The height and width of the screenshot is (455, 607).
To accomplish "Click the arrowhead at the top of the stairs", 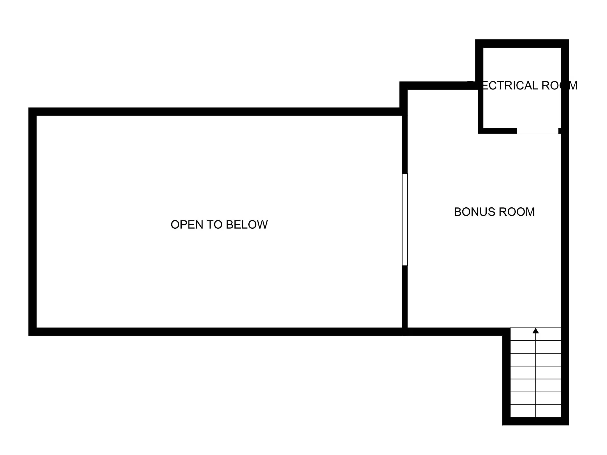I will click(x=536, y=331).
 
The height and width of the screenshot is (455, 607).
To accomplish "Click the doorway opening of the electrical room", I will click(x=538, y=131).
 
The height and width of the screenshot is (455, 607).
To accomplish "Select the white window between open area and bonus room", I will click(x=405, y=220).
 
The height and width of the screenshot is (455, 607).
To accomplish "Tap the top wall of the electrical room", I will click(x=522, y=44).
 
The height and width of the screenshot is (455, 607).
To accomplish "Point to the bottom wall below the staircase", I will click(x=536, y=421).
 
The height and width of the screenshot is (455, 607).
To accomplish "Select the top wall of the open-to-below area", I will click(x=216, y=112).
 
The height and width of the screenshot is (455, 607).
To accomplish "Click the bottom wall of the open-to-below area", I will click(x=216, y=331).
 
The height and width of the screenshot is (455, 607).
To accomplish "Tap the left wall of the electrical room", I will click(x=480, y=89).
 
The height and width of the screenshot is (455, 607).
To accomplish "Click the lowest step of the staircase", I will click(x=536, y=411).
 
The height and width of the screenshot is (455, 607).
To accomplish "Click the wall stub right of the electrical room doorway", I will click(x=560, y=131).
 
